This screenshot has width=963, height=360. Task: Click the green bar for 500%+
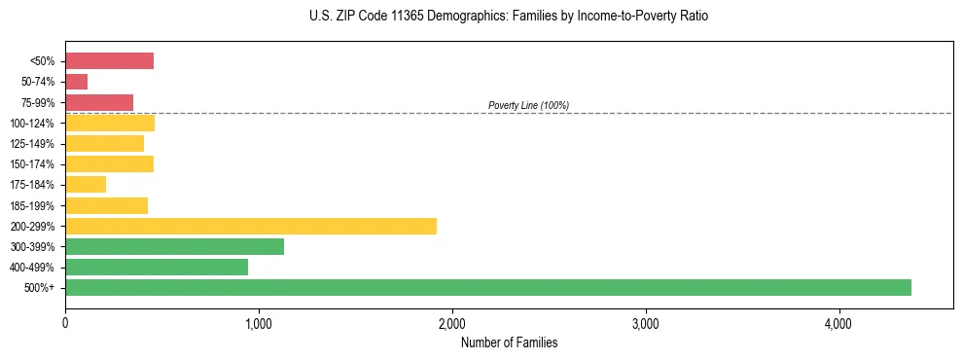(488, 287)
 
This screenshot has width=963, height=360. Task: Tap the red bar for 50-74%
(77, 82)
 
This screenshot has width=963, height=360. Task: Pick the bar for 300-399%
(175, 246)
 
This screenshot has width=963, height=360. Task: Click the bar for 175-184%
(86, 185)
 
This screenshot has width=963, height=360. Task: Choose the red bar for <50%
(110, 61)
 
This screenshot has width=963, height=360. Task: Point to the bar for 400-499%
(157, 267)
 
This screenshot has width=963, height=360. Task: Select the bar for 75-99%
(99, 102)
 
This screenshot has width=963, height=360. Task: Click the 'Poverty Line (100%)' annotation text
(528, 105)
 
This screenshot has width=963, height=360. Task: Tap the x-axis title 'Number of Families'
(509, 342)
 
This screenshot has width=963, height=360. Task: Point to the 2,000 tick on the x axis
(452, 324)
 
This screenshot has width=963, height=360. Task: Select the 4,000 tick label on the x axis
(838, 324)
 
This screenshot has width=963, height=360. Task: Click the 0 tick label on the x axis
(65, 324)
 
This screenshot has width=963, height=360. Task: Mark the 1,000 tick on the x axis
(259, 324)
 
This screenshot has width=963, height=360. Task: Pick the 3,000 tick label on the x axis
(645, 324)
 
